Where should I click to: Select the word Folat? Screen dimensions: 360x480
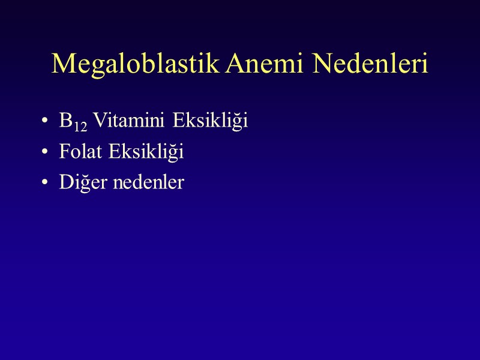[x=82, y=152]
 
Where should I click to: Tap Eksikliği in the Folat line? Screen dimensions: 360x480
[x=146, y=153]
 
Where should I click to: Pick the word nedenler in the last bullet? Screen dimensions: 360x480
[x=148, y=182]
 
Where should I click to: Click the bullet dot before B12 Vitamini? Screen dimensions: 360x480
[x=46, y=122]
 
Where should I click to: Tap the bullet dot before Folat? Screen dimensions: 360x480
[x=46, y=153]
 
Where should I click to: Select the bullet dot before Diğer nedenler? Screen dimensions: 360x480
[x=46, y=183]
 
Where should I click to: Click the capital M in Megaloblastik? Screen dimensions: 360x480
[x=62, y=64]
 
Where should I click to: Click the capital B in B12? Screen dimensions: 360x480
[x=65, y=121]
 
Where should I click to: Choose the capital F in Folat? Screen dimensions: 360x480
[x=64, y=152]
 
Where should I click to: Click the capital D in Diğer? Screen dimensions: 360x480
[x=65, y=182]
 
